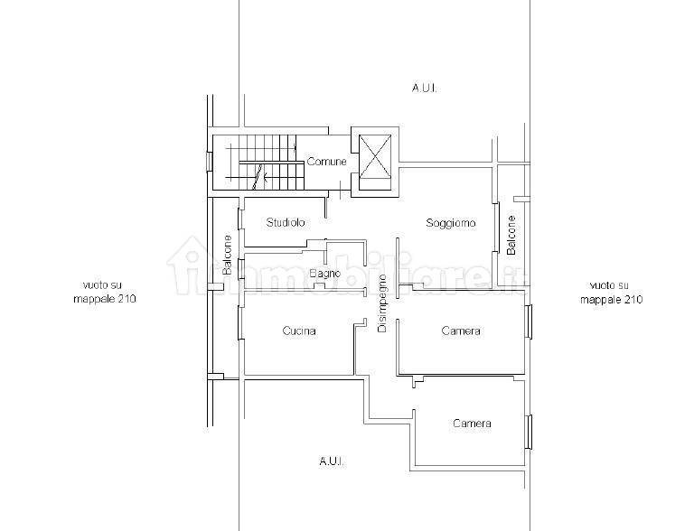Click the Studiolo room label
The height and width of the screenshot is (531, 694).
[x=286, y=222]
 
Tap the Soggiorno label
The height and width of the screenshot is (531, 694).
[x=451, y=222]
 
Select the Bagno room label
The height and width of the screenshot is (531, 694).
[x=325, y=274]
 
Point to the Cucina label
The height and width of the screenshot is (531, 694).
[x=299, y=331]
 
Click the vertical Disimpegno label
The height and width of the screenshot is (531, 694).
[x=382, y=303]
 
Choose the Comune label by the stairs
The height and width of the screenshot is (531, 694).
[x=326, y=162]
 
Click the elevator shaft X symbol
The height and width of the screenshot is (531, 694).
[x=375, y=156]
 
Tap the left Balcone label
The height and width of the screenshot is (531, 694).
[x=227, y=255]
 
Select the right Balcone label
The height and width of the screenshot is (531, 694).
[x=511, y=235]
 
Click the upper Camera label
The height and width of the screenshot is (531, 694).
[x=461, y=331]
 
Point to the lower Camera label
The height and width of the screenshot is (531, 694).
[x=472, y=423]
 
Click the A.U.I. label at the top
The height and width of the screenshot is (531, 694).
[x=425, y=88]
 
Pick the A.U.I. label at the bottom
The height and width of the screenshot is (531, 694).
[x=332, y=461]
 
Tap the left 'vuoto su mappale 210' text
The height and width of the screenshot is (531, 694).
[x=105, y=292]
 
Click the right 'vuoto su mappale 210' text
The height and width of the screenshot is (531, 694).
[x=611, y=292]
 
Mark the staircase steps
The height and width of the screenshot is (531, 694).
[x=266, y=162]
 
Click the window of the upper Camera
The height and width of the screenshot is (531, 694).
[x=529, y=321]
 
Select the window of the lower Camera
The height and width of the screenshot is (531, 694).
[x=529, y=432]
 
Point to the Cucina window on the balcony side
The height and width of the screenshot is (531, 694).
[x=240, y=322]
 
